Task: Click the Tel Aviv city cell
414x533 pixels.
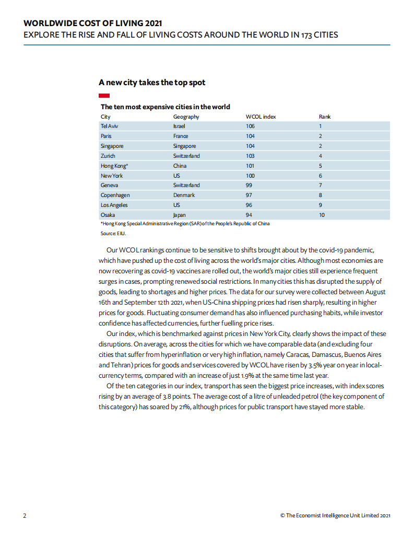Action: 109,126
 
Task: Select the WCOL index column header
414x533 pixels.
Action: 261,117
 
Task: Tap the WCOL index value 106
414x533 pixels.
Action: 250,126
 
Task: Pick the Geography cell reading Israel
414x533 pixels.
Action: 179,126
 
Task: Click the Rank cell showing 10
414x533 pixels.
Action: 322,215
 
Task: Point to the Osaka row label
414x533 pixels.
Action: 108,215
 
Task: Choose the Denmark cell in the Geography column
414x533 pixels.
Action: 184,195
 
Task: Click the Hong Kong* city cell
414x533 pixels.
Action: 114,166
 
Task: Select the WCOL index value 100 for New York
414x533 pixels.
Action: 250,176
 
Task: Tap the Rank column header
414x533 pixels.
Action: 324,117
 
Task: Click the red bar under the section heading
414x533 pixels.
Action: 104,96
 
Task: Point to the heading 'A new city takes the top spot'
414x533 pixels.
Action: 151,83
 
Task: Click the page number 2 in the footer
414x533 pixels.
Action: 25,515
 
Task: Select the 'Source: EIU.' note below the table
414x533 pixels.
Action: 113,234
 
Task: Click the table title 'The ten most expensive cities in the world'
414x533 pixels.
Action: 165,107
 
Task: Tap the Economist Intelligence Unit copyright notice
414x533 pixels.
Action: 335,515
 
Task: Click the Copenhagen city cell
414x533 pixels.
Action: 115,195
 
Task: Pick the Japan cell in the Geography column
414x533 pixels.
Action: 180,215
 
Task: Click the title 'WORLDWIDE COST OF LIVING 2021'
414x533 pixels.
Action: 93,24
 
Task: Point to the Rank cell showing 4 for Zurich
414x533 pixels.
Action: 320,156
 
